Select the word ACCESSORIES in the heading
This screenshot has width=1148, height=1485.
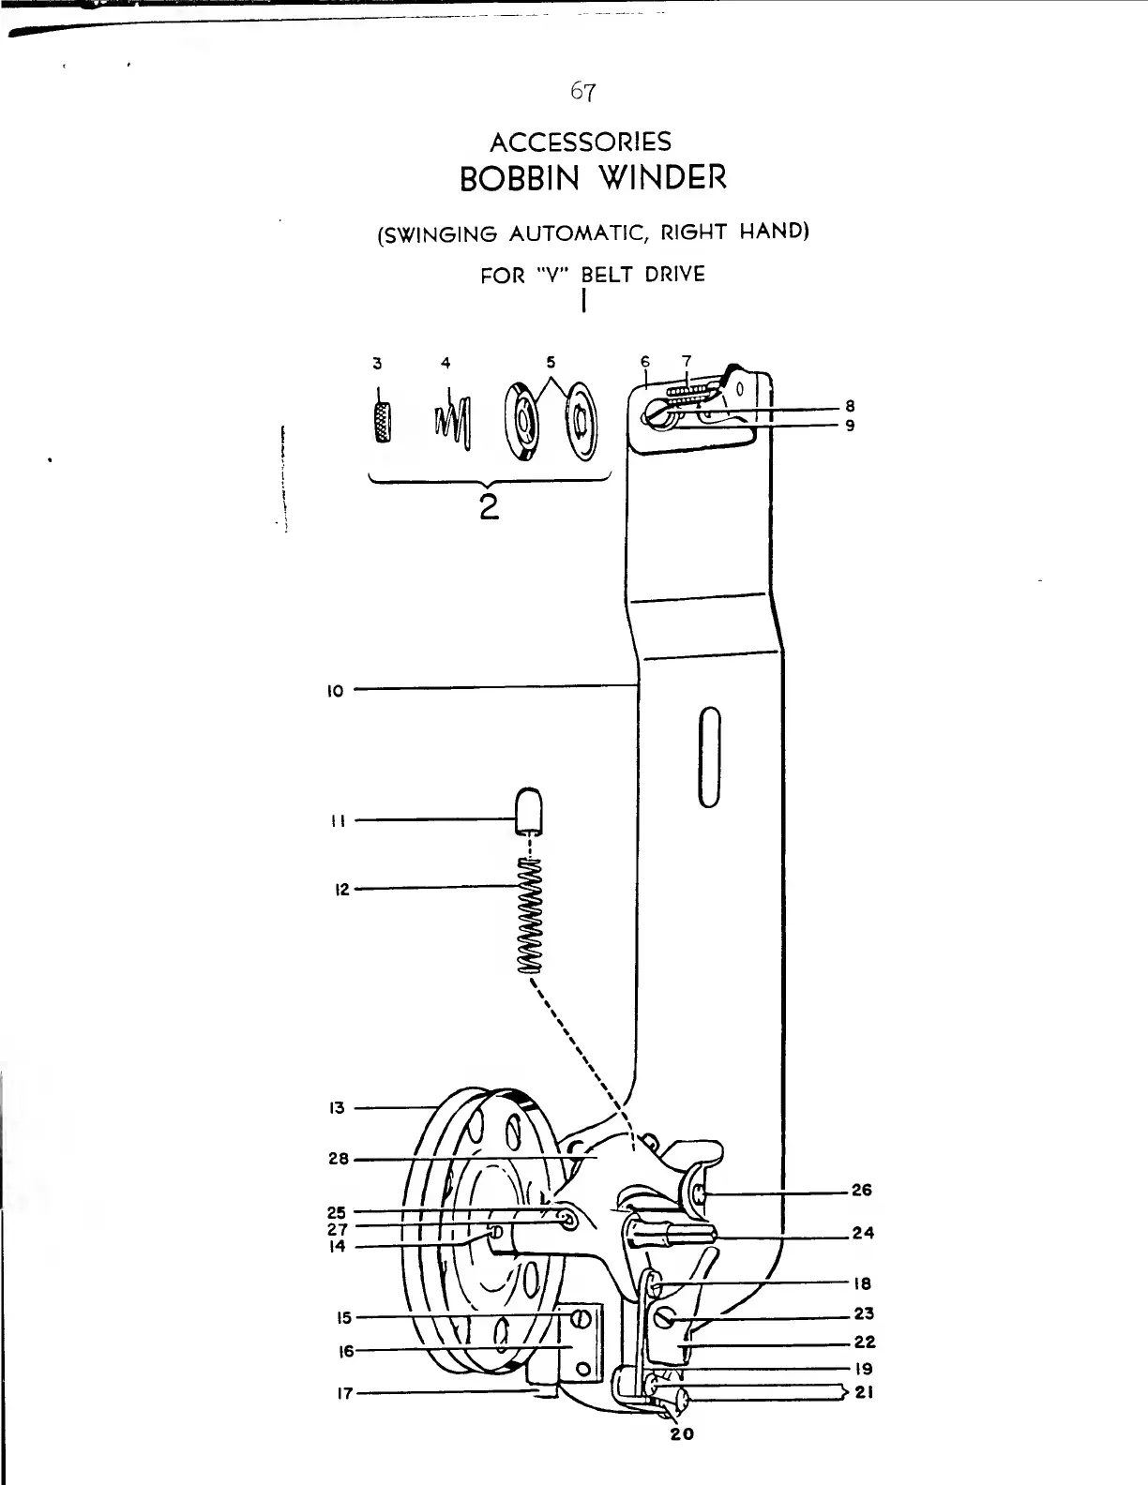(x=582, y=142)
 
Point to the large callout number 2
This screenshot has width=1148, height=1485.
(x=487, y=508)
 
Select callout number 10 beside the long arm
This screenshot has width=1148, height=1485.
(x=336, y=692)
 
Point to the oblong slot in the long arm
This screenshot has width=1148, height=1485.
(x=710, y=756)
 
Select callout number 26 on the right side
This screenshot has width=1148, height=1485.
(x=861, y=1191)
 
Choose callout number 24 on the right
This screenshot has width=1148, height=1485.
(x=863, y=1233)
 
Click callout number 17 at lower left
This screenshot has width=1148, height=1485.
(x=344, y=1393)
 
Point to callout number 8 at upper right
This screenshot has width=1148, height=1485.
(x=849, y=407)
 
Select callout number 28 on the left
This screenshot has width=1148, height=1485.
(x=338, y=1159)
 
